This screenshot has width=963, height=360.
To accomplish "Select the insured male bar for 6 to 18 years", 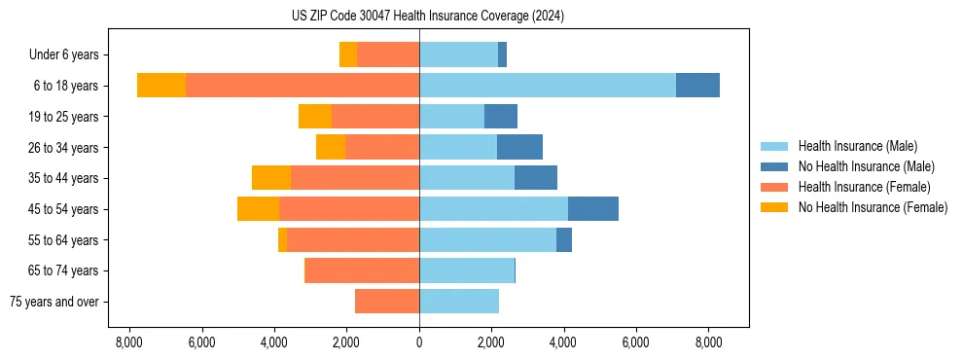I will pyautogui.click(x=548, y=86).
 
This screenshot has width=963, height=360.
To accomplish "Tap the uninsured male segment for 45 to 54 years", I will pyautogui.click(x=593, y=209).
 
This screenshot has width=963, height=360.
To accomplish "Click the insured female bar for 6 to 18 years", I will pyautogui.click(x=303, y=86).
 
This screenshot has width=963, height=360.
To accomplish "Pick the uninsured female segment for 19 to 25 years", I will pyautogui.click(x=315, y=117).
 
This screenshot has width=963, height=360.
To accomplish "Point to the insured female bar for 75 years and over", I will pyautogui.click(x=387, y=302).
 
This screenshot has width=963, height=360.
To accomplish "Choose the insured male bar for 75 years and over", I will pyautogui.click(x=459, y=302).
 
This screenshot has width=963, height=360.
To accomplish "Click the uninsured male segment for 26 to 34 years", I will pyautogui.click(x=519, y=148).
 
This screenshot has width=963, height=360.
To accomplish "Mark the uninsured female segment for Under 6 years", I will pyautogui.click(x=348, y=55).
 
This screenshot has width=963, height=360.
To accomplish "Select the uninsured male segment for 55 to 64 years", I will pyautogui.click(x=564, y=240).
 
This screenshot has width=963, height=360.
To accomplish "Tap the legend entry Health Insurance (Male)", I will pyautogui.click(x=857, y=146).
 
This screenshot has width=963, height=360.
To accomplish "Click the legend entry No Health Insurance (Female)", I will pyautogui.click(x=873, y=207).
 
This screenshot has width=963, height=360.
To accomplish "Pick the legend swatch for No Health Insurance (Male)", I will pyautogui.click(x=774, y=166).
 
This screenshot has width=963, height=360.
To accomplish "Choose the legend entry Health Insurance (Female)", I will pyautogui.click(x=864, y=187).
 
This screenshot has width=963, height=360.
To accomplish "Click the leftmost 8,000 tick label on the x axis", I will pyautogui.click(x=129, y=342).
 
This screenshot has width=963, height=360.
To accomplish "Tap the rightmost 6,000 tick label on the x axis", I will pyautogui.click(x=635, y=342).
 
